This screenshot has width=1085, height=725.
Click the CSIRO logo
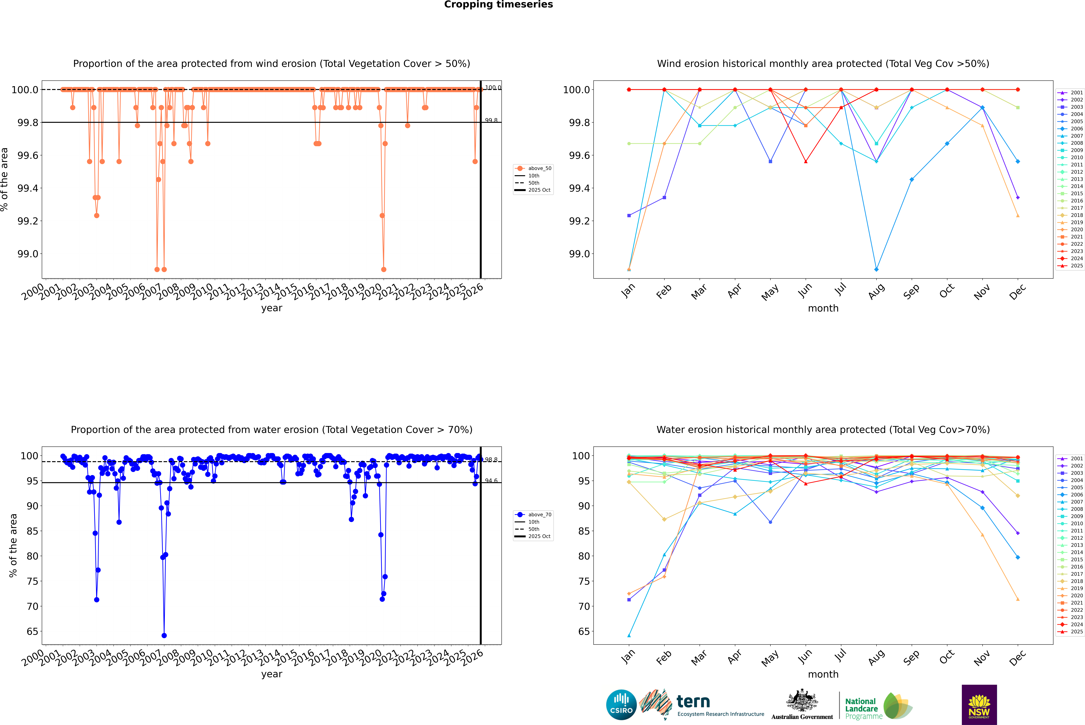621,705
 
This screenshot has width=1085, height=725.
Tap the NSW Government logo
979,705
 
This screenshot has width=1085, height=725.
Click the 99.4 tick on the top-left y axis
28,188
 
